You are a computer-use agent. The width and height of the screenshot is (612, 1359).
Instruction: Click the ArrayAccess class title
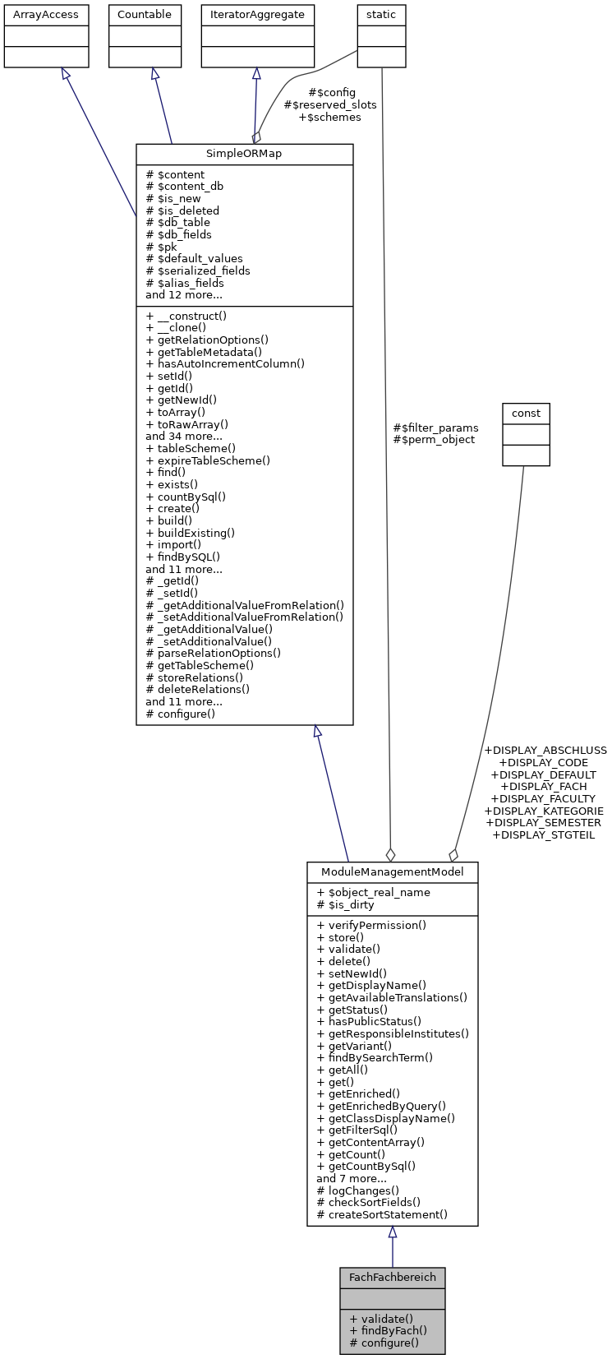coord(46,15)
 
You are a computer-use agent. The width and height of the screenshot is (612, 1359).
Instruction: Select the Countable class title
coord(145,15)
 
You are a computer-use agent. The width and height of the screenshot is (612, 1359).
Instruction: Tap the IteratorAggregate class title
coord(258,15)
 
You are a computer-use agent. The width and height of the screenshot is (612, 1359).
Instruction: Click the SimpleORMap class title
coord(244,155)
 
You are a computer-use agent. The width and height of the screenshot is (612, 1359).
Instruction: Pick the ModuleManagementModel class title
coord(392,872)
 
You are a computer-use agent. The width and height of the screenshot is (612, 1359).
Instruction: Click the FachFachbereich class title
coord(392,1278)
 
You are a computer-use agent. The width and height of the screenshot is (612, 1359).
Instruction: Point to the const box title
coord(526,413)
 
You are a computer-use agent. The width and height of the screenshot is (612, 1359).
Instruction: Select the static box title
coord(381,15)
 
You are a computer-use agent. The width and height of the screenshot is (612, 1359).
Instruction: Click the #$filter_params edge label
coord(435,428)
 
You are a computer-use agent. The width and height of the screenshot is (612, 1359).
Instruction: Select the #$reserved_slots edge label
coord(330,105)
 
